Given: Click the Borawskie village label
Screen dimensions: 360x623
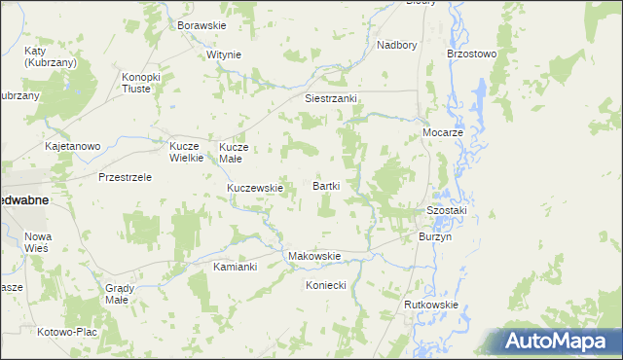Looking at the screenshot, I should pos(202,25).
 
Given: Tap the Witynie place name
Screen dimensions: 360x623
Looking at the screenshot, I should pos(223,54).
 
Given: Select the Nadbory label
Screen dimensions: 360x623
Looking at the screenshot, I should pos(396,45).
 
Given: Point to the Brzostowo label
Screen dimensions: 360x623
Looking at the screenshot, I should pos(471,54).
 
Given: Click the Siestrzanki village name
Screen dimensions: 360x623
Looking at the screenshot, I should pos(332,99).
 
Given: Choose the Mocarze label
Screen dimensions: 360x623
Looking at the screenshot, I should pos(441,131).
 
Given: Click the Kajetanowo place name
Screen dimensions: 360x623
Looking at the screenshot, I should pos(73,147).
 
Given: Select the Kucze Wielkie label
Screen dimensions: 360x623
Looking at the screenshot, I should pos(185,152).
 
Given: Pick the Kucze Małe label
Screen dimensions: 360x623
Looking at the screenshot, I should pos(235,152).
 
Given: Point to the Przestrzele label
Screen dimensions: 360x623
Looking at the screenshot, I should pos(125,178).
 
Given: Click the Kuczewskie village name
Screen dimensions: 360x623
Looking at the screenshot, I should pos(254,188).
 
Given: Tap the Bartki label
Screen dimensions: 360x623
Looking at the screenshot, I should pos(325,185).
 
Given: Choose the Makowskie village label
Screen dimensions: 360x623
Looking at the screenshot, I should pos(313,257).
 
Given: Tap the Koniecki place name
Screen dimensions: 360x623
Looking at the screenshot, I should pos(326,286).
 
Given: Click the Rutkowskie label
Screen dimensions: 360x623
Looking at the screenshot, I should pos(430,305).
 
